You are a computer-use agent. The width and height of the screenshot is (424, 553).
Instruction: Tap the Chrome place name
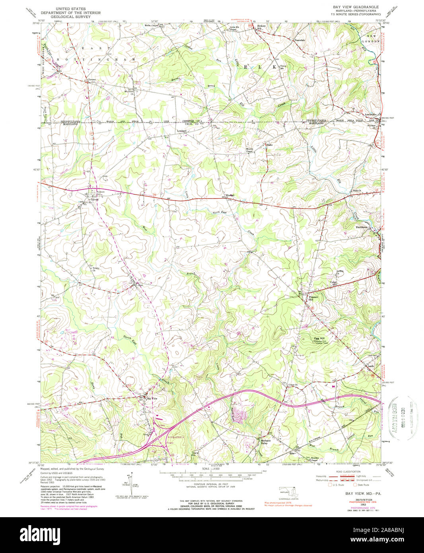point(91,80)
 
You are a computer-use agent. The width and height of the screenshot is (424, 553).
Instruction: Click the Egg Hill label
point(319,339)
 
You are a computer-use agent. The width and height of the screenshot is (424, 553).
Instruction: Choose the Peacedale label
point(299,40)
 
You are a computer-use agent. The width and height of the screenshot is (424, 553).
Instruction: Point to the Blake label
point(269,145)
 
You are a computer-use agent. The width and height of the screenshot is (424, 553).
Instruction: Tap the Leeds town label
point(370,366)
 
